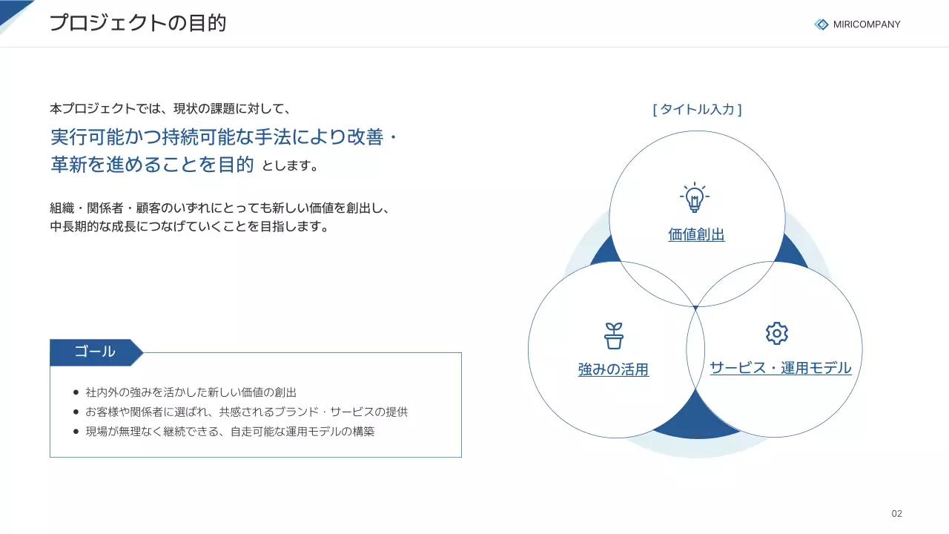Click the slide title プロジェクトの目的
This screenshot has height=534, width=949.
[137, 23]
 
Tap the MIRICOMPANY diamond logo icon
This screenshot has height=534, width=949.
[821, 24]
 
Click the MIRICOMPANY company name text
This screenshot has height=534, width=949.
[866, 24]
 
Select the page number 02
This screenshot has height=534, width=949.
[896, 514]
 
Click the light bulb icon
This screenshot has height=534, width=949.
[694, 197]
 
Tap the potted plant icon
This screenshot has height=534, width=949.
[613, 336]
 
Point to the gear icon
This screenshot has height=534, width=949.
[776, 333]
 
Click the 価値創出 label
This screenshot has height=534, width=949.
[696, 235]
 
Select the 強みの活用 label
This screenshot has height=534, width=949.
[613, 369]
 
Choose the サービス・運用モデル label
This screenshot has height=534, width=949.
[780, 368]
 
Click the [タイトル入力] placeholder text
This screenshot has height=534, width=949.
[697, 110]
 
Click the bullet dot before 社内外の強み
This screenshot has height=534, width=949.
[76, 392]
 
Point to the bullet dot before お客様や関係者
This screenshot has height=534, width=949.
[76, 412]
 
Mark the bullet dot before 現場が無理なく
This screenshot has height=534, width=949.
[76, 431]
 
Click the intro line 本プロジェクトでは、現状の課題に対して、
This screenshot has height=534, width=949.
[170, 109]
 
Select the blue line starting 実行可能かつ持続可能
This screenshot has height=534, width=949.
[225, 138]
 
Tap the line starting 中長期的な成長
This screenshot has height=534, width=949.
[189, 227]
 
